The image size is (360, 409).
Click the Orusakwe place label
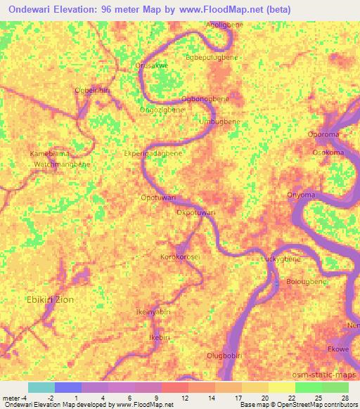point(151,65)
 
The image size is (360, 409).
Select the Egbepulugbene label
point(211,58)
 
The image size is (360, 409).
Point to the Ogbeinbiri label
point(94,90)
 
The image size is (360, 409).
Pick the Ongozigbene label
point(162,110)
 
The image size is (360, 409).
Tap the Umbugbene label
point(220,122)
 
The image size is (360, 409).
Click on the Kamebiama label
point(50,153)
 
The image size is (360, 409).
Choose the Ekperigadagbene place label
point(153,152)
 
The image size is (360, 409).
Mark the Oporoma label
point(324,134)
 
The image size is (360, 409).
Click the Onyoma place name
point(301,195)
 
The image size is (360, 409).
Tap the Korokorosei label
point(180,257)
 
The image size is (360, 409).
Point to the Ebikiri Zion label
point(50,299)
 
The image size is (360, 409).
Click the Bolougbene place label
point(307,282)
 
